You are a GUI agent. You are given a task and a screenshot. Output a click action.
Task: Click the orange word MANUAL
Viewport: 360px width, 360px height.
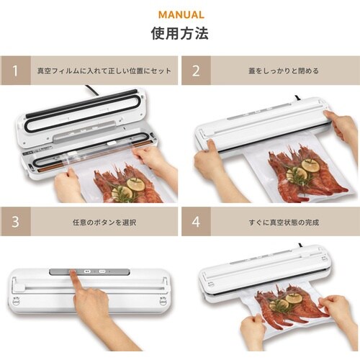coord(181,15)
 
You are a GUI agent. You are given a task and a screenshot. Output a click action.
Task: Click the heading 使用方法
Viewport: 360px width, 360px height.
coord(180,33)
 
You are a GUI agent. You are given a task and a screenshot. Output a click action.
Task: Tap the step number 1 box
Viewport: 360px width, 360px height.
coord(15,71)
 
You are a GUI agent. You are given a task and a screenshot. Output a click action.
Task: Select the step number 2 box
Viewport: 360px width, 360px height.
coord(196,71)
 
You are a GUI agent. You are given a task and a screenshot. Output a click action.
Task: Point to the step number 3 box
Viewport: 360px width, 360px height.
coord(15,222)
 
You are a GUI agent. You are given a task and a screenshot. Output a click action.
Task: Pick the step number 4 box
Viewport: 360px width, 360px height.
coord(196,222)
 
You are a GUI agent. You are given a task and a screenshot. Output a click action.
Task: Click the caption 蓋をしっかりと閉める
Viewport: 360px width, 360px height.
coord(284,71)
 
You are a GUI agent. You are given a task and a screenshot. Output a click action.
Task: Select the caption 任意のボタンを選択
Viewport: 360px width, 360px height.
coord(104,222)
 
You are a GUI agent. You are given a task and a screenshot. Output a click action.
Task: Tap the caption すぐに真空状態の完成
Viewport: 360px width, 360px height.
coord(284,222)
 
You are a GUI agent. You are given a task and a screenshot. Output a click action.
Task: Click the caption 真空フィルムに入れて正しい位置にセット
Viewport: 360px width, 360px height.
coord(104,71)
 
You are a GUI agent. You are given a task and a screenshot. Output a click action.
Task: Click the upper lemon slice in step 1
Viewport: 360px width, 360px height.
coord(135,184)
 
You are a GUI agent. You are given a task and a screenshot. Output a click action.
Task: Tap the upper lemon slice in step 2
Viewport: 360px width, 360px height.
coord(311,165)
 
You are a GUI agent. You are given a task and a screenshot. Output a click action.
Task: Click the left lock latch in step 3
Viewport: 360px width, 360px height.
coord(17,301)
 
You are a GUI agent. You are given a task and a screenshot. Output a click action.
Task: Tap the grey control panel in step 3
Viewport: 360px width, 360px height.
coord(89,272)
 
